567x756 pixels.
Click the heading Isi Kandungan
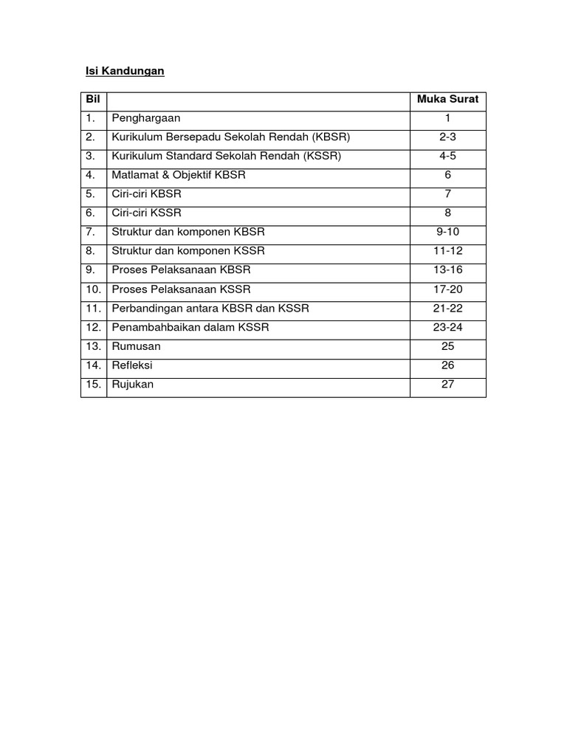(122, 72)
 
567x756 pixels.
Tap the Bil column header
(93, 99)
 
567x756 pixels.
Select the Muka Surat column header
(447, 99)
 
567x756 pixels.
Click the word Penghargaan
(146, 118)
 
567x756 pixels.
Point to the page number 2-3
(447, 137)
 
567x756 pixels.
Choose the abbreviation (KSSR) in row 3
(326, 157)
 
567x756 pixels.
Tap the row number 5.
(91, 194)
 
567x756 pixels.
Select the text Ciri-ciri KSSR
(147, 213)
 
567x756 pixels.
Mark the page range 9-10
(447, 232)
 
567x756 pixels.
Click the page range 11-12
(447, 251)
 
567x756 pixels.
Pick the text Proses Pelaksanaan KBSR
(182, 270)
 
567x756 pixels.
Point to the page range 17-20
(447, 289)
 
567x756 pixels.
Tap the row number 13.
(93, 346)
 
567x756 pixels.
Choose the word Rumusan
(136, 346)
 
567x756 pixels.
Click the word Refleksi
(133, 365)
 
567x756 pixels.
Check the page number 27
(447, 384)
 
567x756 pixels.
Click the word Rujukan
(133, 385)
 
